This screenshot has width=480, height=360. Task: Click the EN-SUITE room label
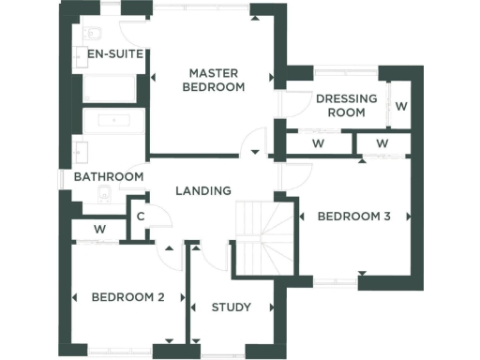(x=114, y=54)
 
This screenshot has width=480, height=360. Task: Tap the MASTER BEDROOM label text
(x=217, y=80)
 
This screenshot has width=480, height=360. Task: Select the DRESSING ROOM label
(x=346, y=105)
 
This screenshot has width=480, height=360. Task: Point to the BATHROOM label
(x=109, y=176)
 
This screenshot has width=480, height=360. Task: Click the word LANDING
(x=203, y=190)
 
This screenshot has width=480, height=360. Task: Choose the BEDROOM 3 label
(x=353, y=217)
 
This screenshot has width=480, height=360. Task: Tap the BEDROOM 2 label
(x=128, y=297)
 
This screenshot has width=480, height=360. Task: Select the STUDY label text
(x=231, y=307)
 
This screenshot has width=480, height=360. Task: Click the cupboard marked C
(x=139, y=217)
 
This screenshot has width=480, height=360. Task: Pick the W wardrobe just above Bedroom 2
(x=100, y=230)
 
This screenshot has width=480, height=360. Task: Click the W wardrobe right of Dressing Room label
(x=400, y=105)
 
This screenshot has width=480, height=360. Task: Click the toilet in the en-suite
(x=91, y=34)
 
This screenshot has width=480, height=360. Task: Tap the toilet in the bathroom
(x=105, y=195)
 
